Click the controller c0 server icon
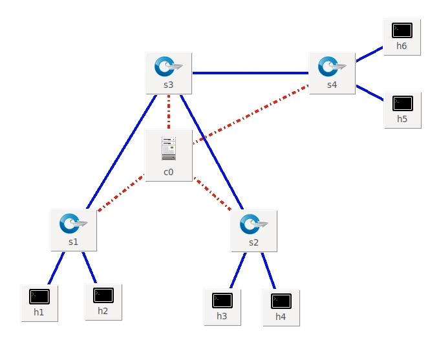[169, 149]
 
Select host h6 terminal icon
[402, 30]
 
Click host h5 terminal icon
[402, 103]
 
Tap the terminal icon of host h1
[39, 297]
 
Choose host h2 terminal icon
[103, 295]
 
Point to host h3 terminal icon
[222, 301]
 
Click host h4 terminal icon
[281, 301]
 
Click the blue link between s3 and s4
[251, 73]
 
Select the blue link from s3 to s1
[122, 152]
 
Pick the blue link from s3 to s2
[211, 152]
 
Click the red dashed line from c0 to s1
[121, 192]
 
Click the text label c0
[169, 172]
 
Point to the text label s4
[332, 85]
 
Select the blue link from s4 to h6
[369, 54]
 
